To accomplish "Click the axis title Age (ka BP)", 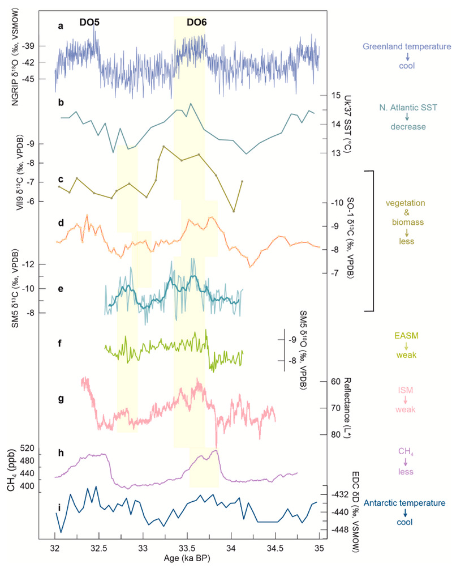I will (x=187, y=559).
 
